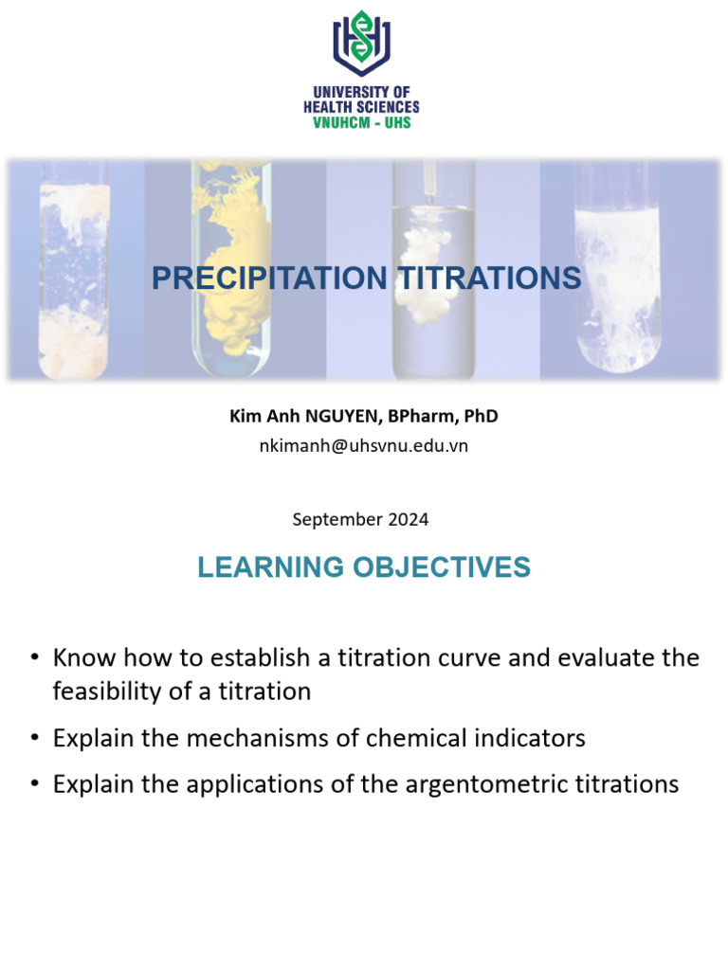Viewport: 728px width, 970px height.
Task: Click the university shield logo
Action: click(361, 43)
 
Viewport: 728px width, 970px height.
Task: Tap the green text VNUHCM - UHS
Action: click(361, 122)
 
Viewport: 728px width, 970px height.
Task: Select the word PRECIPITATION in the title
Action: click(269, 278)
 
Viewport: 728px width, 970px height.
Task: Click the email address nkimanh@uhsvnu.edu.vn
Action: click(363, 445)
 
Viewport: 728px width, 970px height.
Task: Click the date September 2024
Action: click(360, 519)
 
